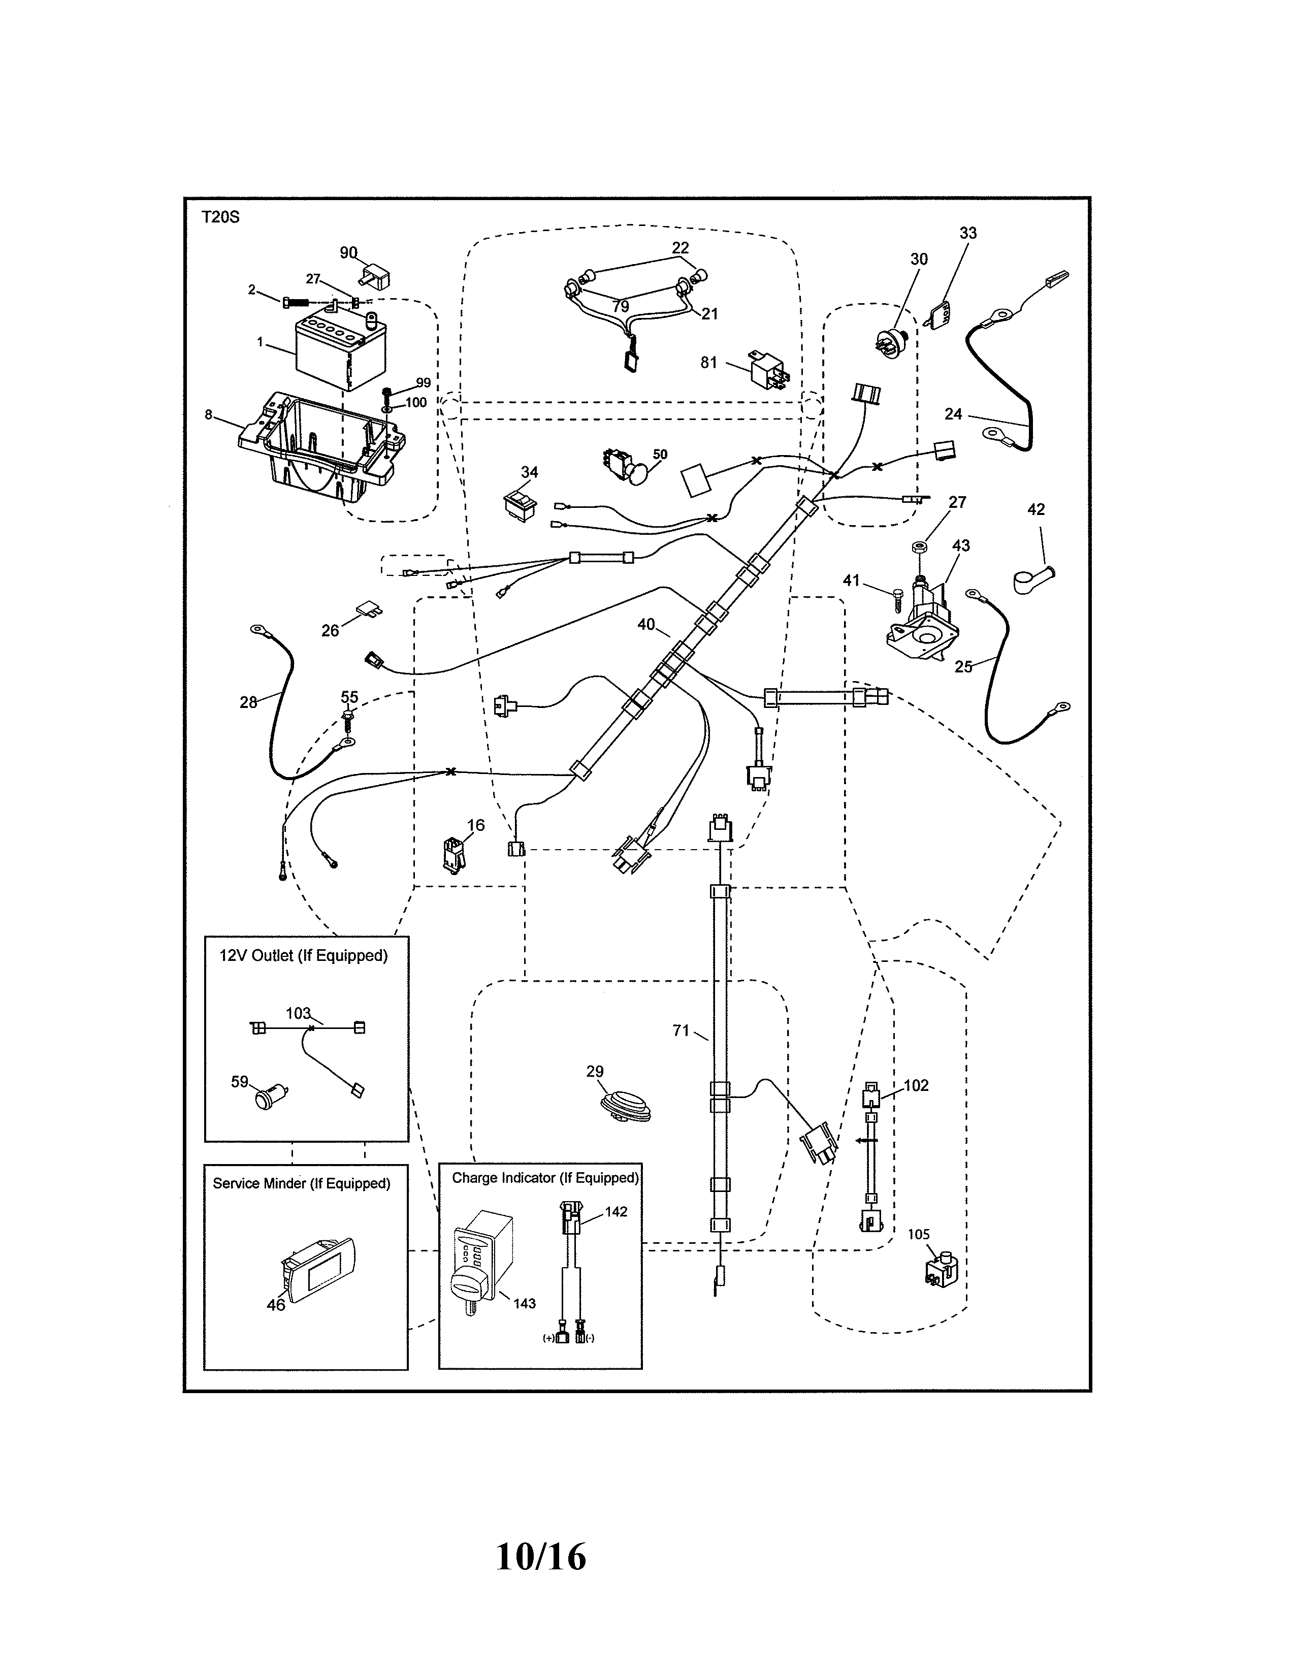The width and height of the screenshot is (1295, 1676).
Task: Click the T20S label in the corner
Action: coord(220,217)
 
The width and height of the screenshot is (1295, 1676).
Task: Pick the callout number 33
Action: coord(967,233)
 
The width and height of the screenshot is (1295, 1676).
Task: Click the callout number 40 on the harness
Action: coord(646,624)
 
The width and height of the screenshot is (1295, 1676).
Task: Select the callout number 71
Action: coord(681,1030)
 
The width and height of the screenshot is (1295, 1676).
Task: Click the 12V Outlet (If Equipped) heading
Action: coord(304,955)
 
